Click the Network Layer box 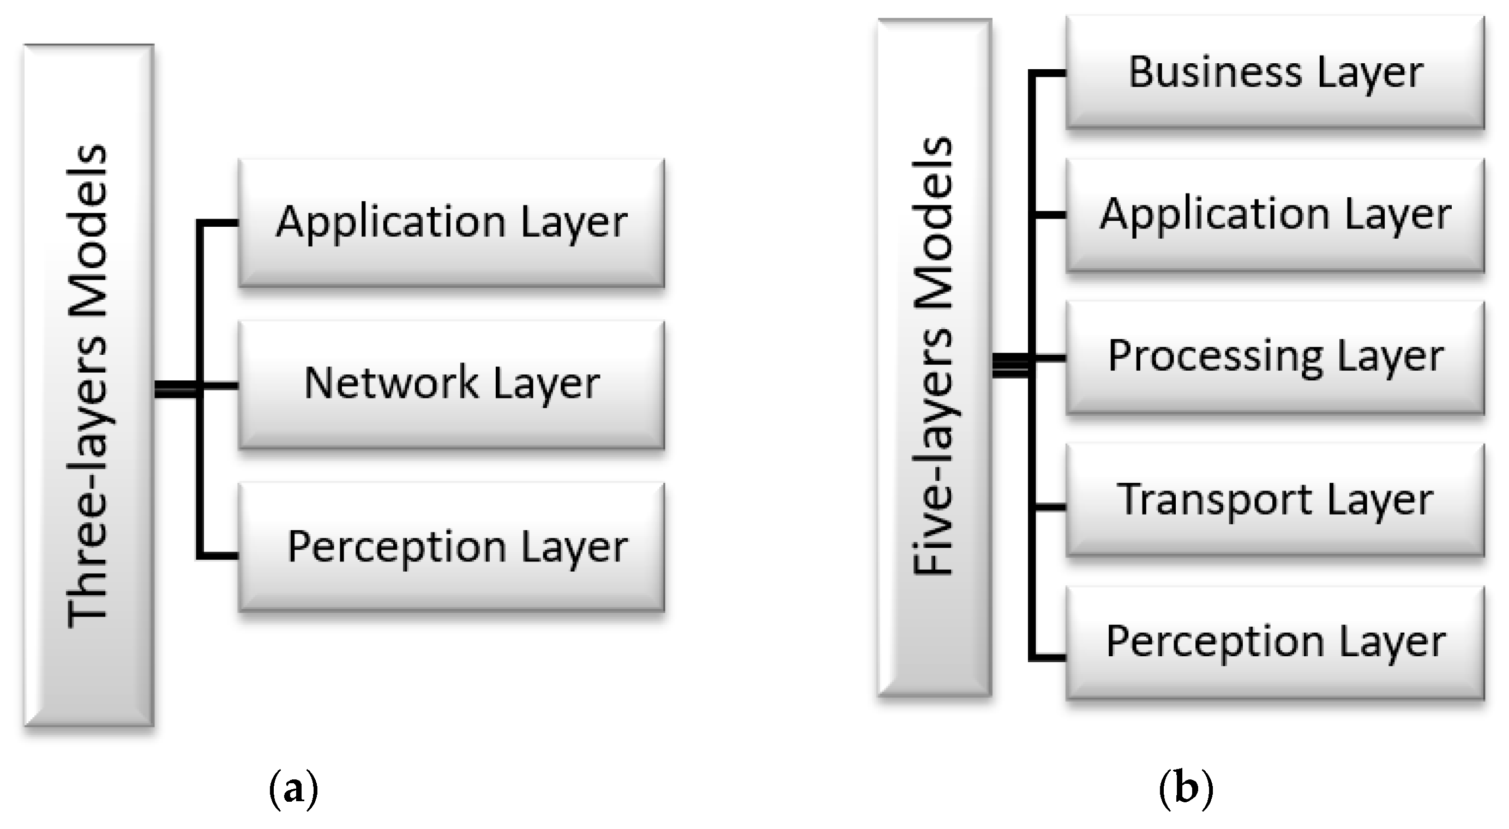(451, 384)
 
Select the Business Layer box (1274, 72)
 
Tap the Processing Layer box (1274, 357)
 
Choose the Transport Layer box (1274, 499)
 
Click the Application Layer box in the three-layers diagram (451, 222)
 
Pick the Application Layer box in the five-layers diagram (1274, 215)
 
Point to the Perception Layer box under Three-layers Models (451, 547)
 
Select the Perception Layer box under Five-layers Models (1274, 642)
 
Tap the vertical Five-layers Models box (934, 357)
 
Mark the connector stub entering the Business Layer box (1049, 73)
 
